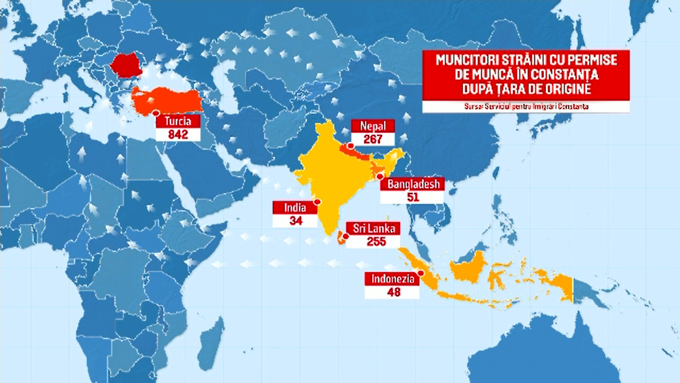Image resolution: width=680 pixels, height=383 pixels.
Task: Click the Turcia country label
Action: click(178, 121)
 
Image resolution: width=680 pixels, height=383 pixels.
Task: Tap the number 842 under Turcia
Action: click(178, 135)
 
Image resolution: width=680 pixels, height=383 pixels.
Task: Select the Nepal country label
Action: click(373, 126)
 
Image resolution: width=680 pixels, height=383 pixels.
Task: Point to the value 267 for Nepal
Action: click(373, 139)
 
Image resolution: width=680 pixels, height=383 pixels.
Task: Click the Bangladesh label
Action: click(413, 184)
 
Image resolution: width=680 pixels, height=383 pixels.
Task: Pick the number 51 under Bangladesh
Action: click(413, 197)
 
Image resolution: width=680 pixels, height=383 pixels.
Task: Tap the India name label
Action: click(295, 207)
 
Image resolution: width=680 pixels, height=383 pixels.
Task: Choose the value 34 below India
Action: click(296, 221)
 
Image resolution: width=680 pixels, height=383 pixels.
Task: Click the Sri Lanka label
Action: click(374, 228)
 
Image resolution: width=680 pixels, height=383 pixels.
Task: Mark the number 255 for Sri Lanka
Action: click(376, 242)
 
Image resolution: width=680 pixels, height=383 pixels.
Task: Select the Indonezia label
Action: click(392, 279)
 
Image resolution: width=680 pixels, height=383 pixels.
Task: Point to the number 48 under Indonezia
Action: click(393, 292)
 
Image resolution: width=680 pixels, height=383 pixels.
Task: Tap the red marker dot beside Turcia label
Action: click(155, 113)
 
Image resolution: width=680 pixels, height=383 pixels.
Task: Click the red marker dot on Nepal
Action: click(351, 146)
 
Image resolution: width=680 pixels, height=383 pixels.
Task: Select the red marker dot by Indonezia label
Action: click(421, 273)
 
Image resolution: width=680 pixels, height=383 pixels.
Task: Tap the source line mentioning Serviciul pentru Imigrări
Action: click(526, 106)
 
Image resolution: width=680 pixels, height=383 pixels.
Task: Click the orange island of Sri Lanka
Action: click(341, 239)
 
